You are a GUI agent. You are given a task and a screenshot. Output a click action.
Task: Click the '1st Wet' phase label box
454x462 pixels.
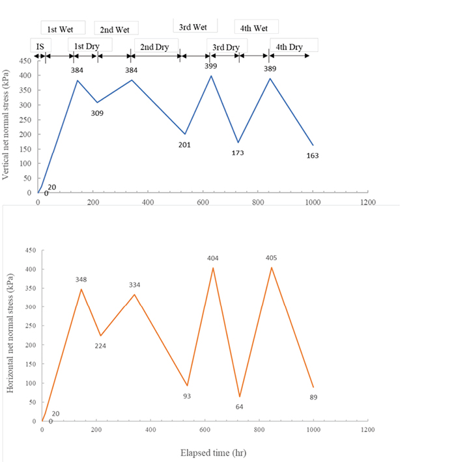pyautogui.click(x=61, y=29)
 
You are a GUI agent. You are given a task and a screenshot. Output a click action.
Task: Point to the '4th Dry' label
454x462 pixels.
pyautogui.click(x=289, y=47)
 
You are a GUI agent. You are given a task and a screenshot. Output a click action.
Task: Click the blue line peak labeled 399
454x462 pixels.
pyautogui.click(x=211, y=76)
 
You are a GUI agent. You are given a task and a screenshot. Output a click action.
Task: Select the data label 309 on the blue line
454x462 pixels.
pyautogui.click(x=98, y=113)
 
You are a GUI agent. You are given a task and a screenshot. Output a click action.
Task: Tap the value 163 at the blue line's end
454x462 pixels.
pyautogui.click(x=313, y=156)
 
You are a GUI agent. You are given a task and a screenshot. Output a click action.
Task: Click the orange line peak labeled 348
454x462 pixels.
pyautogui.click(x=81, y=289)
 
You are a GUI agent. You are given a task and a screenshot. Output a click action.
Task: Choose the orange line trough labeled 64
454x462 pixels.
pyautogui.click(x=240, y=396)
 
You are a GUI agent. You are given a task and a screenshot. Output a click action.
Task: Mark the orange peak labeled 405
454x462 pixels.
pyautogui.click(x=272, y=267)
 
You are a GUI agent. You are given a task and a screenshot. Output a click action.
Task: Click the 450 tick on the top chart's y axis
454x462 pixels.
pyautogui.click(x=24, y=61)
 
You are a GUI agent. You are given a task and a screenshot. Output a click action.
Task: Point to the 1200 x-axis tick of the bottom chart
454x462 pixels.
pyautogui.click(x=368, y=430)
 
